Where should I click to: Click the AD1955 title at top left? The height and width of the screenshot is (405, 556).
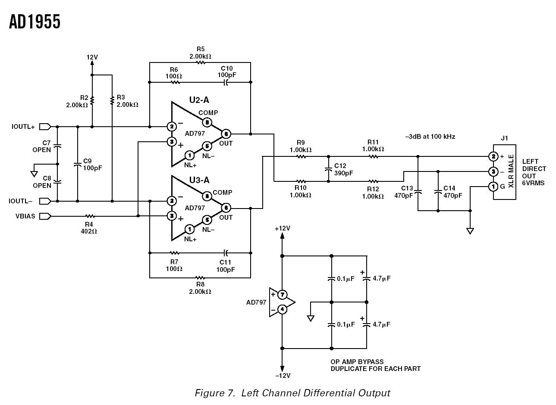click(35, 22)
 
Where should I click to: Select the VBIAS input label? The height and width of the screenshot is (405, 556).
click(25, 216)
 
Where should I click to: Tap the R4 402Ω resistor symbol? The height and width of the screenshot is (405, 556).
click(89, 216)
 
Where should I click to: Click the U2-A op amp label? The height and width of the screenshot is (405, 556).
click(199, 100)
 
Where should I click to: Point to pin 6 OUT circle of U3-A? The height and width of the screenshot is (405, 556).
click(226, 208)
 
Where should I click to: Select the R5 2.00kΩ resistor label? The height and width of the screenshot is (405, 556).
click(200, 53)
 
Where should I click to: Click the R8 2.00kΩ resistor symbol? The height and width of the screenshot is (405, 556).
click(200, 277)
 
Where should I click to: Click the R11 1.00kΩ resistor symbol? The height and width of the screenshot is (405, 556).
click(373, 156)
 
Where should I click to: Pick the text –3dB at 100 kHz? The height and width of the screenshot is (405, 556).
click(430, 137)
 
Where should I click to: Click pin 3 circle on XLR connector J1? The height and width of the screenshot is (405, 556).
click(493, 171)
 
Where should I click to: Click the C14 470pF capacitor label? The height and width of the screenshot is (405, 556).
click(452, 192)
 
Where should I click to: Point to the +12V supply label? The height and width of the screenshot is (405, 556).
click(283, 228)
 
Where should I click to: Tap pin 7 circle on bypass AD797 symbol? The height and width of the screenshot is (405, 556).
click(282, 295)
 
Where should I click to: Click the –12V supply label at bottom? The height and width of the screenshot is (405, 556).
click(283, 375)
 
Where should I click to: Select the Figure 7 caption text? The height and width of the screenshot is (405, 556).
click(292, 393)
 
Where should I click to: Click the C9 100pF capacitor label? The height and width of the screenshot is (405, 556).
click(92, 165)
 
